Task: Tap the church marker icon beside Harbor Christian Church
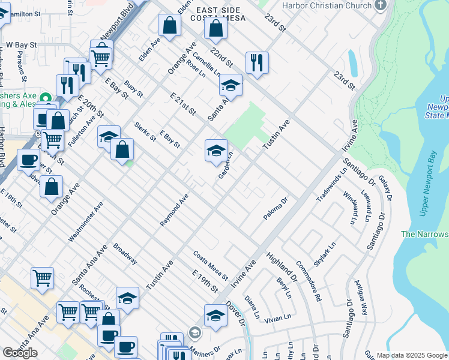[380, 5]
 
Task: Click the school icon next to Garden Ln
[217, 150]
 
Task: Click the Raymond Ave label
[174, 210]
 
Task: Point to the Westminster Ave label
[85, 221]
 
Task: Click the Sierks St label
[145, 131]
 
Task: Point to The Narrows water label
[424, 234]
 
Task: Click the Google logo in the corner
[20, 353]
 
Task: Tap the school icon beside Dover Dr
[215, 315]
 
